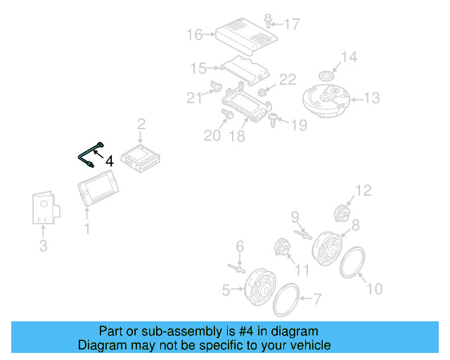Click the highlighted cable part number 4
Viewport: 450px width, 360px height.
point(89,154)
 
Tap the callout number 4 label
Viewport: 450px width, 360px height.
point(109,161)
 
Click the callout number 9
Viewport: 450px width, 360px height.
point(295,216)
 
